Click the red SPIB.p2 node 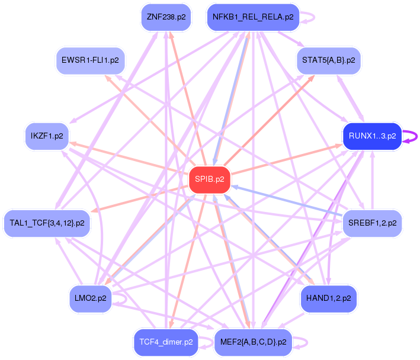(x=209, y=180)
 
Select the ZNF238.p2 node (x=166, y=17)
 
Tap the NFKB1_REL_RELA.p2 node (x=253, y=17)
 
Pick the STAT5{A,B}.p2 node (x=328, y=60)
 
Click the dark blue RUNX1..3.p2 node (x=372, y=136)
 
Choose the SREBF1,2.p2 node (x=373, y=223)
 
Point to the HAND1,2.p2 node (x=329, y=298)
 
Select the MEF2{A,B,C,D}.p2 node (x=253, y=342)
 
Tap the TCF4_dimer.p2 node (x=166, y=342)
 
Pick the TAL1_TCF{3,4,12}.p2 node (x=47, y=223)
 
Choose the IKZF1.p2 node (x=47, y=136)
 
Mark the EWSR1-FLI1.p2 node (x=90, y=60)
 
